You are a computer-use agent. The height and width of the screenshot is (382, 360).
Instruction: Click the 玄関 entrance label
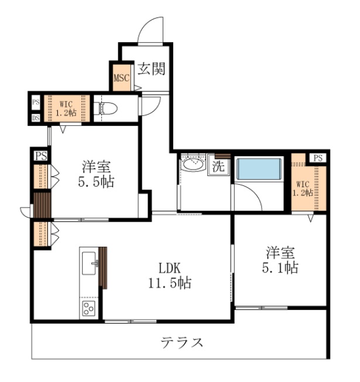click(x=151, y=69)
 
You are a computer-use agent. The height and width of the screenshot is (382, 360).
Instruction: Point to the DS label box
click(x=36, y=117)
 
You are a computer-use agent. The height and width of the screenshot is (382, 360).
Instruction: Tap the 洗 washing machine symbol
click(x=218, y=166)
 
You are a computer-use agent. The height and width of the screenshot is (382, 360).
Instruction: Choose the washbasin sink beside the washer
click(x=193, y=165)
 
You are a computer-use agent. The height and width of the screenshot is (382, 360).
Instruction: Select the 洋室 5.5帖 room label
click(x=97, y=174)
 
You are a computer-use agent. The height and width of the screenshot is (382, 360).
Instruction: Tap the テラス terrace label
click(x=182, y=342)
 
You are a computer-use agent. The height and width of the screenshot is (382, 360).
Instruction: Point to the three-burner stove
click(x=88, y=308)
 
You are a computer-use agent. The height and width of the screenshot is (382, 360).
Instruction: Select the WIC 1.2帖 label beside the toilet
click(x=65, y=108)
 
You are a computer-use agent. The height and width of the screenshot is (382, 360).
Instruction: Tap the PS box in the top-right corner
click(x=318, y=157)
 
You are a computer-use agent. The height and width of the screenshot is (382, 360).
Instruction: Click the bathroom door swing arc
click(x=249, y=196)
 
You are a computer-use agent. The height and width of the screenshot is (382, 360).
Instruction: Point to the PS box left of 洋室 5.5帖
click(x=40, y=156)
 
